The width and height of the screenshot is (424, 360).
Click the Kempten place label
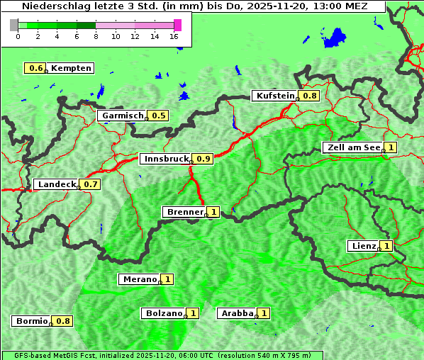pyautogui.click(x=71, y=68)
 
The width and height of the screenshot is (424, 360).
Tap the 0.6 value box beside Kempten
pyautogui.click(x=35, y=68)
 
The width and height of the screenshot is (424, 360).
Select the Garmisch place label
pyautogui.click(x=122, y=116)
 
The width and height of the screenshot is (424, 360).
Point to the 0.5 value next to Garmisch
pyautogui.click(x=159, y=116)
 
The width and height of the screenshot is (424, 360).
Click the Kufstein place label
pyautogui.click(x=274, y=96)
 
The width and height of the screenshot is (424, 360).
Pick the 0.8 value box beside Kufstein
pyautogui.click(x=310, y=96)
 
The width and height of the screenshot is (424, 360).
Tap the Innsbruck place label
pyautogui.click(x=165, y=159)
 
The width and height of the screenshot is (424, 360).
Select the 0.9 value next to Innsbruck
pyautogui.click(x=203, y=159)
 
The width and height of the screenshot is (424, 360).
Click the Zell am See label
pyautogui.click(x=352, y=147)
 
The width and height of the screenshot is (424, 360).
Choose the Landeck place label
pyautogui.click(x=55, y=184)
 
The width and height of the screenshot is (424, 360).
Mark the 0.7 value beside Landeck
pyautogui.click(x=91, y=184)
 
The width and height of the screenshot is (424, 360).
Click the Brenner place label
pyautogui.click(x=184, y=212)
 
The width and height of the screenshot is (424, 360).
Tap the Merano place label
pyautogui.click(x=138, y=279)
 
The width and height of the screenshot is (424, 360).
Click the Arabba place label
pyautogui.click(x=237, y=313)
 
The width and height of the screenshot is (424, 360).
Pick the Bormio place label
pyautogui.click(x=30, y=321)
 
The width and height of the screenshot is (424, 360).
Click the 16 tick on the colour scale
pyautogui.click(x=174, y=36)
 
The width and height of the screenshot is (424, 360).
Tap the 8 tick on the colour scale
pyautogui.click(x=96, y=36)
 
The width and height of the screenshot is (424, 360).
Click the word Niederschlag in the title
pyautogui.click(x=55, y=6)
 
